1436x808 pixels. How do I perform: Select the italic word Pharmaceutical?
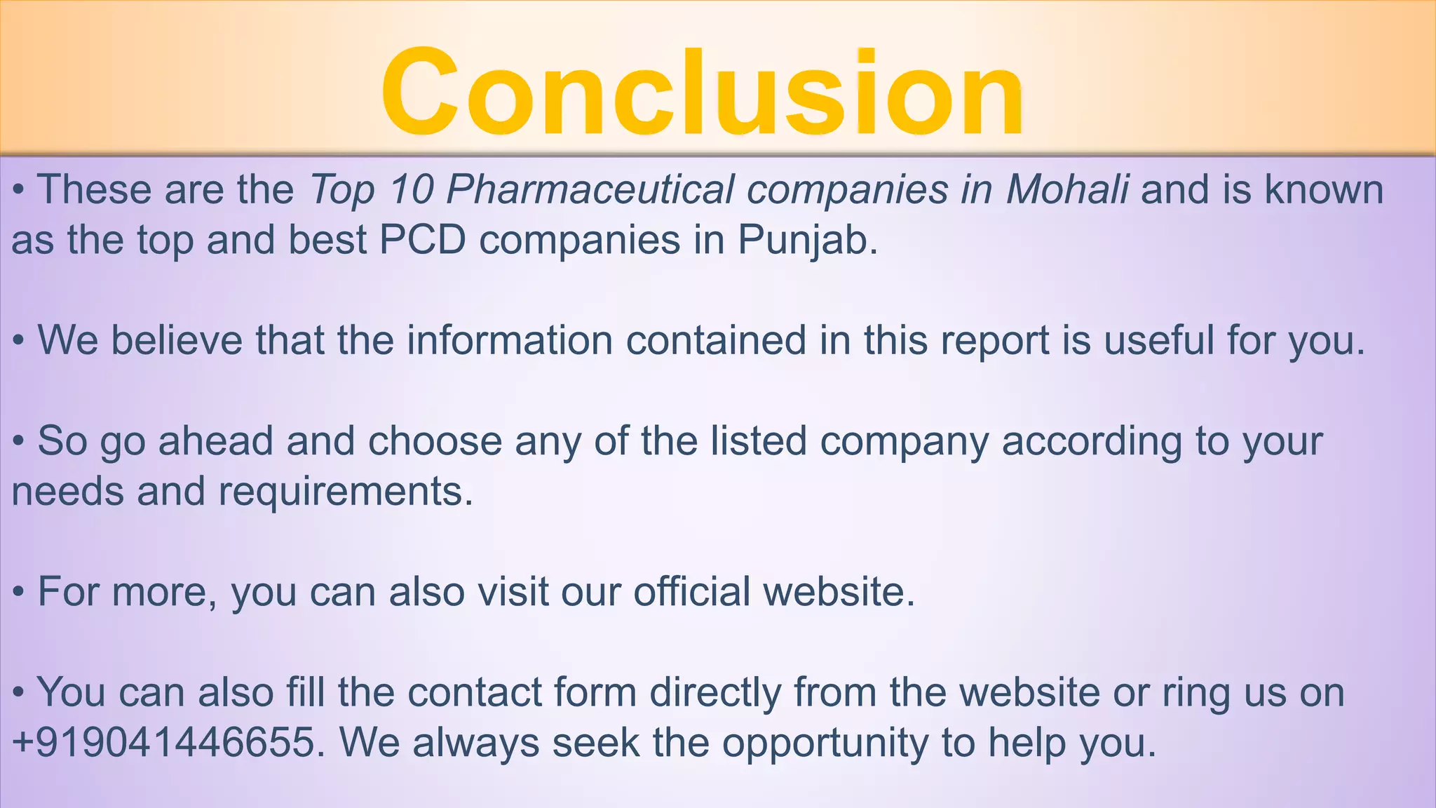pos(590,189)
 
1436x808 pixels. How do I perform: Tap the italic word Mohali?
pos(1067,189)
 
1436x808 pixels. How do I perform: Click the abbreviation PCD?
pos(423,240)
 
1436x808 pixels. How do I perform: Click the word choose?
pos(435,441)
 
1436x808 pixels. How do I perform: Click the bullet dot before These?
pos(20,191)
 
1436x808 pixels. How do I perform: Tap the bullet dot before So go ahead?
pos(20,443)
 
